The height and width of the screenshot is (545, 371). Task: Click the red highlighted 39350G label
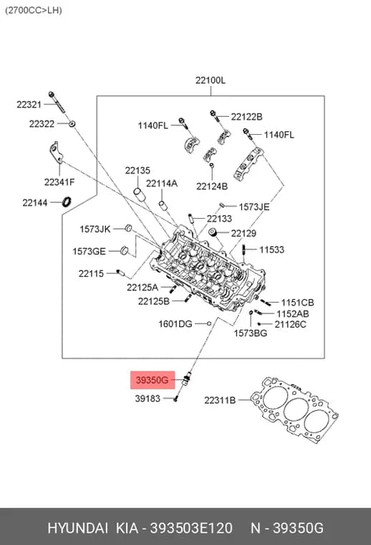[153, 380]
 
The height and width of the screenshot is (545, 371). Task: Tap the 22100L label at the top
[211, 80]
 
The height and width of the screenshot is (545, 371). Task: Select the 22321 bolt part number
[29, 104]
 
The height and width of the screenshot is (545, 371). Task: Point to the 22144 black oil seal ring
[67, 202]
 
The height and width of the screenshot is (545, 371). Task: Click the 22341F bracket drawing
[57, 152]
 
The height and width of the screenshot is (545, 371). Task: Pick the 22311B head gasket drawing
[294, 410]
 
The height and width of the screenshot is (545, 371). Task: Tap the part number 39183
[148, 398]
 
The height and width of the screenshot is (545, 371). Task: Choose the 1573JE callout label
[254, 207]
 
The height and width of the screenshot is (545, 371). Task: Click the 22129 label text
[244, 233]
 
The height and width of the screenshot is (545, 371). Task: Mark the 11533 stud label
[271, 250]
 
